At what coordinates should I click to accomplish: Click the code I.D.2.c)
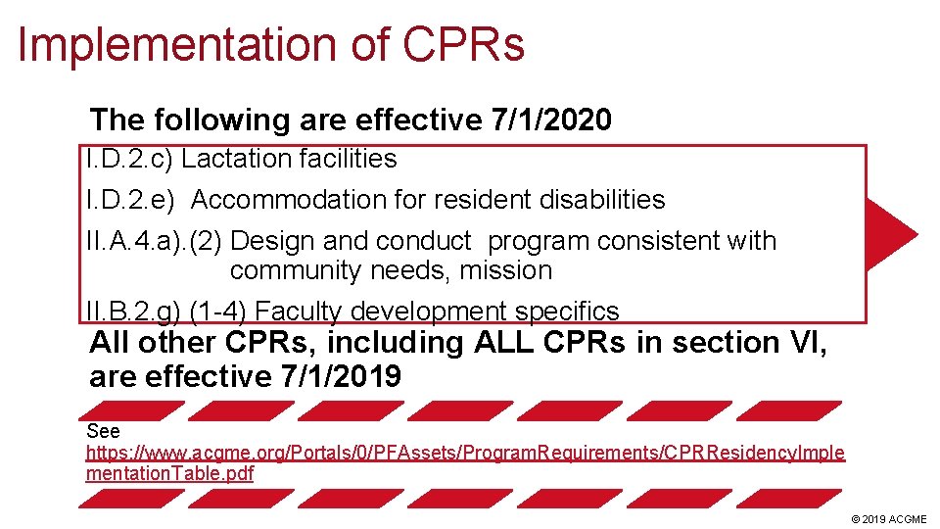coord(129,159)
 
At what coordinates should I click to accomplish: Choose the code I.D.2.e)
coord(130,200)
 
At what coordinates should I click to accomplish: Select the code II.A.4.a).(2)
coord(155,241)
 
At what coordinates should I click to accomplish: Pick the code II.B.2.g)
coord(131,312)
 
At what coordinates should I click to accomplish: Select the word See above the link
coord(103,432)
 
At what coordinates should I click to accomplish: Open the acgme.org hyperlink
coord(465,454)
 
